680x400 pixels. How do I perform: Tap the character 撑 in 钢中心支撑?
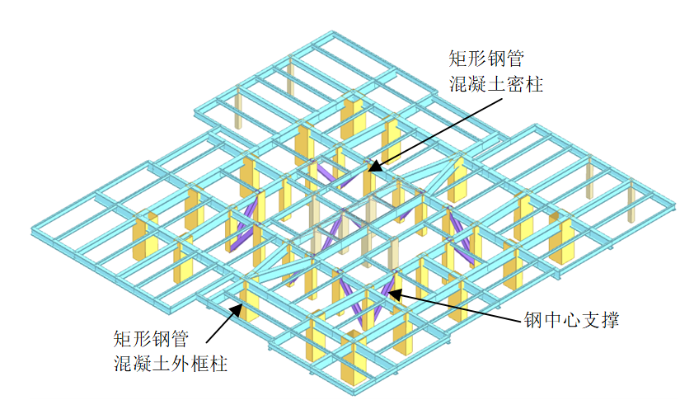coord(610,321)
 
